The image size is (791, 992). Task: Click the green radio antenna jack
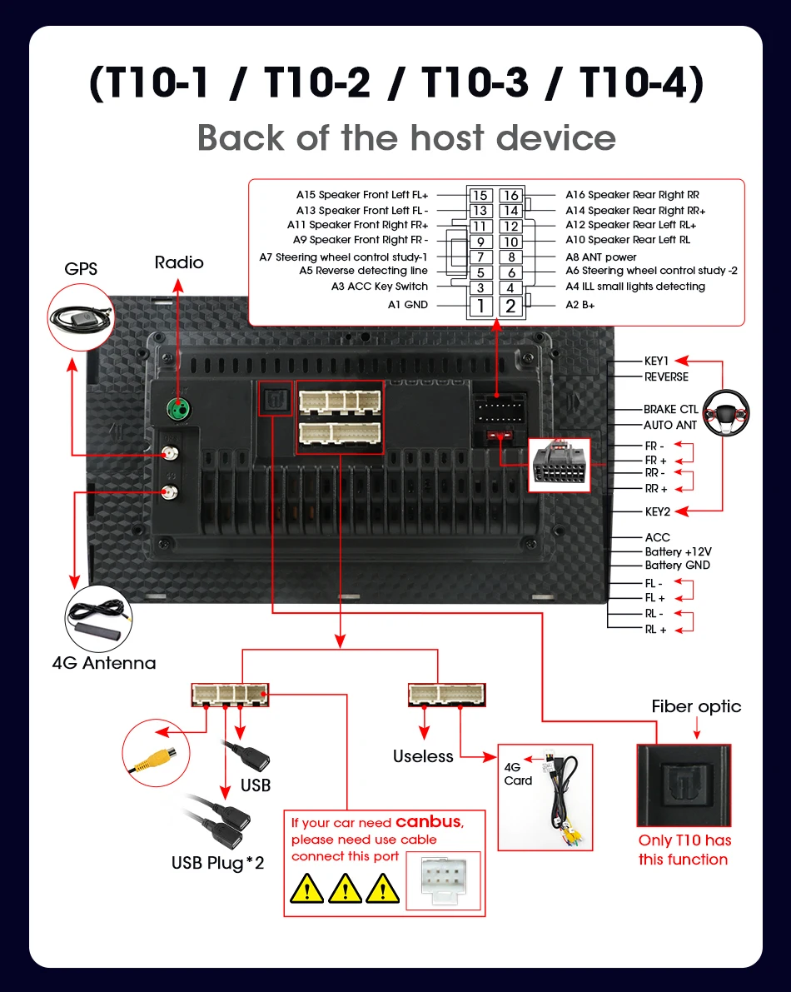pos(178,408)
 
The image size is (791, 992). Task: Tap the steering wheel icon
pos(726,414)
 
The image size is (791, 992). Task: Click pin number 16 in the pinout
pos(511,195)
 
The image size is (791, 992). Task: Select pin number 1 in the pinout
pos(480,307)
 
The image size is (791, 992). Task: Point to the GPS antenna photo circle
pos(81,317)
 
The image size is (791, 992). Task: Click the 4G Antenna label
pos(104,663)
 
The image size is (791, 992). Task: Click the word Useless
pos(423,756)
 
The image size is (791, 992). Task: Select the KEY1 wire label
pos(656,361)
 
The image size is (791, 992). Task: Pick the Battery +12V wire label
pos(678,551)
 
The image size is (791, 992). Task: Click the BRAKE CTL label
pos(671,409)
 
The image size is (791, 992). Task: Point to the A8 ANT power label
pos(600,257)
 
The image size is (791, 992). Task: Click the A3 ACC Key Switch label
pos(380,287)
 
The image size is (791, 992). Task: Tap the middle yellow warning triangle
pos(345,888)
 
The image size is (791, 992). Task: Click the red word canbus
pos(428,821)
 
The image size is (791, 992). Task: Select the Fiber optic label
pos(696,706)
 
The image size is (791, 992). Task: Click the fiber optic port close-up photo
pos(684,785)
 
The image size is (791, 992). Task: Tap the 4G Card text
pos(518,774)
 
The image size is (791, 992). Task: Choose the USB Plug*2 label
pos(217,863)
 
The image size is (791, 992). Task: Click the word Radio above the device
pos(179,262)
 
